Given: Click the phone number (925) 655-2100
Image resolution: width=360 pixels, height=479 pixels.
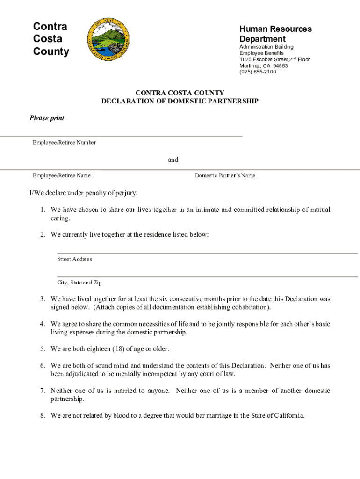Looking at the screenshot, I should coord(258,72).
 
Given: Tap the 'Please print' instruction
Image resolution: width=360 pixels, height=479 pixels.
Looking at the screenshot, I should coord(47,118).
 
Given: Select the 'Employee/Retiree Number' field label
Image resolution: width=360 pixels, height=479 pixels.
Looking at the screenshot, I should coord(64,143).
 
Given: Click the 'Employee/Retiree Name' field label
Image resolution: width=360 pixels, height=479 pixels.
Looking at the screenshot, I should coord(61,176).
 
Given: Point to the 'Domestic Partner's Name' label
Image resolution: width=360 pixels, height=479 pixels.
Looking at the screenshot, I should coord(225,176).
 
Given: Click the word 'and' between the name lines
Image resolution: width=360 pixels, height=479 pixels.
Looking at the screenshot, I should coord(173,160).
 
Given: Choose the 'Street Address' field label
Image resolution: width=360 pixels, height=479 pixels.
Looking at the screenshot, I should coord(74,259).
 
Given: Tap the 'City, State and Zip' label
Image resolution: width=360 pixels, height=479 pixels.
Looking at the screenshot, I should coord(79,283).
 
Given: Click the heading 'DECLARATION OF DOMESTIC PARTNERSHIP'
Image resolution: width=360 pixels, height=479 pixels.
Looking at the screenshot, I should coord(180,101).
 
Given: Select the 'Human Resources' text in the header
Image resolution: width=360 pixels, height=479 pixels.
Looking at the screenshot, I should coord(275,29).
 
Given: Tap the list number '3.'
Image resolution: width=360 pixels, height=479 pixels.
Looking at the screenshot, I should coord(42,299).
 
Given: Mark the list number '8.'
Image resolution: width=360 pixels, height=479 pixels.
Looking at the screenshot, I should coord(42,415).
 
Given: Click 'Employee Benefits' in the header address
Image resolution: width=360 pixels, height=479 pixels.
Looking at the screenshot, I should coord(261,53).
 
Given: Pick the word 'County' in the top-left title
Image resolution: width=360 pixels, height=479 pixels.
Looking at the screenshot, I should coord(51,51).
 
